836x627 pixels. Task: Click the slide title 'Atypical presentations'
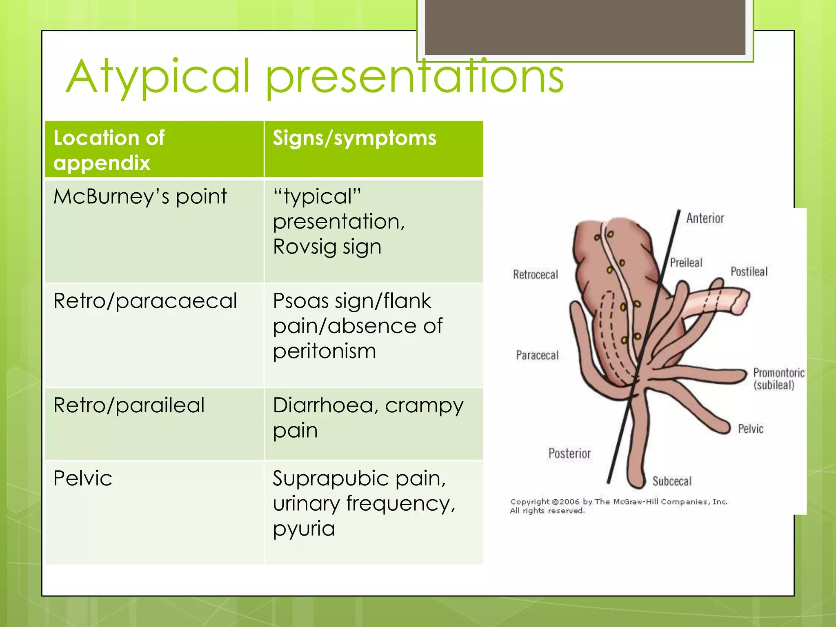[314, 77]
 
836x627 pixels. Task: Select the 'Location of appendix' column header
[109, 150]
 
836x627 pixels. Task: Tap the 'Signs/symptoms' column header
[354, 138]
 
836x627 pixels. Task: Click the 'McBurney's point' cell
[140, 197]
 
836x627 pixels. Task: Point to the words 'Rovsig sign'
[327, 247]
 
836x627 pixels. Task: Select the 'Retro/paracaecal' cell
[145, 301]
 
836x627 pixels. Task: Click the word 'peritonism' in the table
[325, 351]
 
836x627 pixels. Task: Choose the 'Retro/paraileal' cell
[129, 406]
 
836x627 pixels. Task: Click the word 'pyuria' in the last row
[304, 529]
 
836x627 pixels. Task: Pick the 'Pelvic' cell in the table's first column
[83, 478]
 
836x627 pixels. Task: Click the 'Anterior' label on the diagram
[705, 218]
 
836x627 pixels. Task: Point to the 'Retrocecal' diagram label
[535, 275]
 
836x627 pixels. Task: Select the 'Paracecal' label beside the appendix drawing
[537, 355]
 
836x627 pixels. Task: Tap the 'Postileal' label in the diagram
[749, 271]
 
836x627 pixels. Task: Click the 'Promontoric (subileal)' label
[778, 378]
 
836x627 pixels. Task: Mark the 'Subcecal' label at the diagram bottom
[672, 481]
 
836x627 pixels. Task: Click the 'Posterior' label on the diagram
[569, 454]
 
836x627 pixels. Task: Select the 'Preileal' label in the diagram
[686, 262]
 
